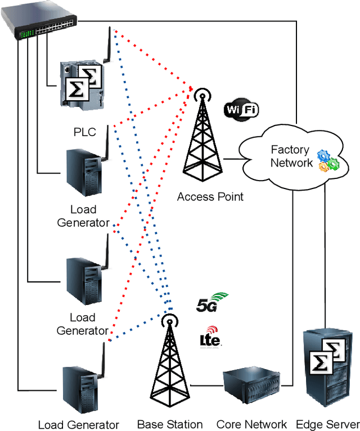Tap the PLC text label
tap(85, 132)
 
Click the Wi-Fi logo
tap(241, 109)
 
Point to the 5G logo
tap(212, 303)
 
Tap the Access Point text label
tap(210, 197)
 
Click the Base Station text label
tap(170, 424)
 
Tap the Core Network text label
tap(251, 424)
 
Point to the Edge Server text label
tap(327, 424)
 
